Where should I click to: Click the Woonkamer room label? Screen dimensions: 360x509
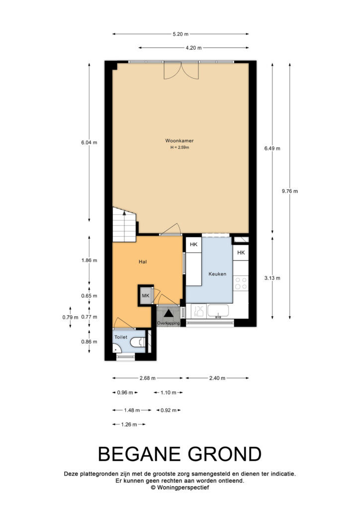click(180, 141)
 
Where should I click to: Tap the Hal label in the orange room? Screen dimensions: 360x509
click(143, 261)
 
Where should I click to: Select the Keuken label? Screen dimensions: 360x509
click(217, 274)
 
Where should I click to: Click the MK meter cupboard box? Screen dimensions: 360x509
click(145, 295)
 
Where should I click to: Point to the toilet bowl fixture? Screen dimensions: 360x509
click(138, 342)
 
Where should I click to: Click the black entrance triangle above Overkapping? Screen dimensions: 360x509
click(168, 313)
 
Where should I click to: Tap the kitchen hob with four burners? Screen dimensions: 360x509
click(241, 283)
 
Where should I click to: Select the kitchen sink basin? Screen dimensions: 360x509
click(218, 311)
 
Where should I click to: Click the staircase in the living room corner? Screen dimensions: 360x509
click(124, 224)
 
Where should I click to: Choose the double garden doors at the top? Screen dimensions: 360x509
click(181, 70)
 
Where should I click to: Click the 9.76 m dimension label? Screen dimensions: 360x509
click(289, 191)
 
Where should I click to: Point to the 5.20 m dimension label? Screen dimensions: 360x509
click(180, 34)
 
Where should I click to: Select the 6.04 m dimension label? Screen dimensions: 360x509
click(89, 142)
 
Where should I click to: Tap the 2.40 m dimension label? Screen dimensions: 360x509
click(217, 378)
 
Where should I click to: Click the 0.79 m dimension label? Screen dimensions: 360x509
click(70, 317)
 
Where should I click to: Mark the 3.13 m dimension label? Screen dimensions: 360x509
click(272, 278)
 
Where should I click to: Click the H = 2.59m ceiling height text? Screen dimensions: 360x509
click(180, 147)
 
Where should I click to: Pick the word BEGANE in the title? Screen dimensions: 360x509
click(140, 454)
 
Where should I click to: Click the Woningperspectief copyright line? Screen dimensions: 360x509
click(180, 487)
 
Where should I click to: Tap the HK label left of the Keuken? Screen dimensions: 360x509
click(193, 245)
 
